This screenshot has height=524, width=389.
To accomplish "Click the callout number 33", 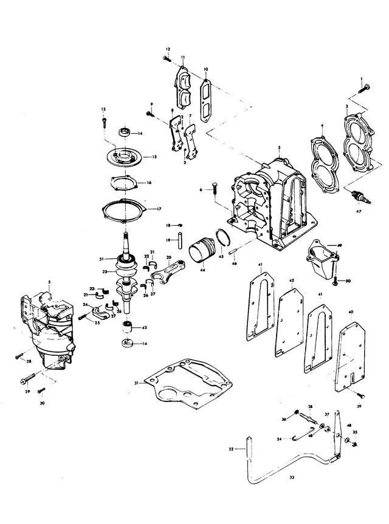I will point(292,478).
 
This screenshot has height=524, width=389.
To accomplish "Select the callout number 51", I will point(102,259).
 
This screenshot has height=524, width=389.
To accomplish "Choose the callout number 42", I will point(292,281).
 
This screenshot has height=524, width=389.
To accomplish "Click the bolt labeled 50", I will point(334,281).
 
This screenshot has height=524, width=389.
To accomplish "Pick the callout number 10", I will point(205,69).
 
